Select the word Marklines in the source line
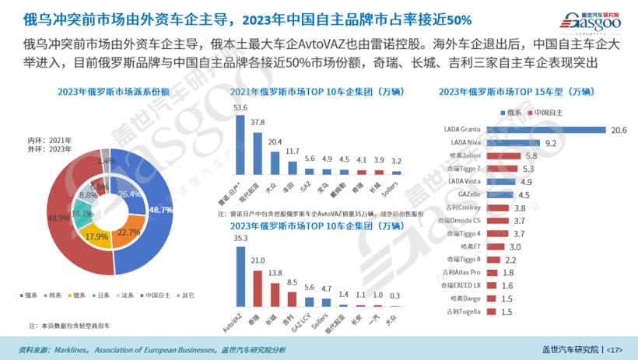click(70, 349)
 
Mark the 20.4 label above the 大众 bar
click(274, 142)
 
